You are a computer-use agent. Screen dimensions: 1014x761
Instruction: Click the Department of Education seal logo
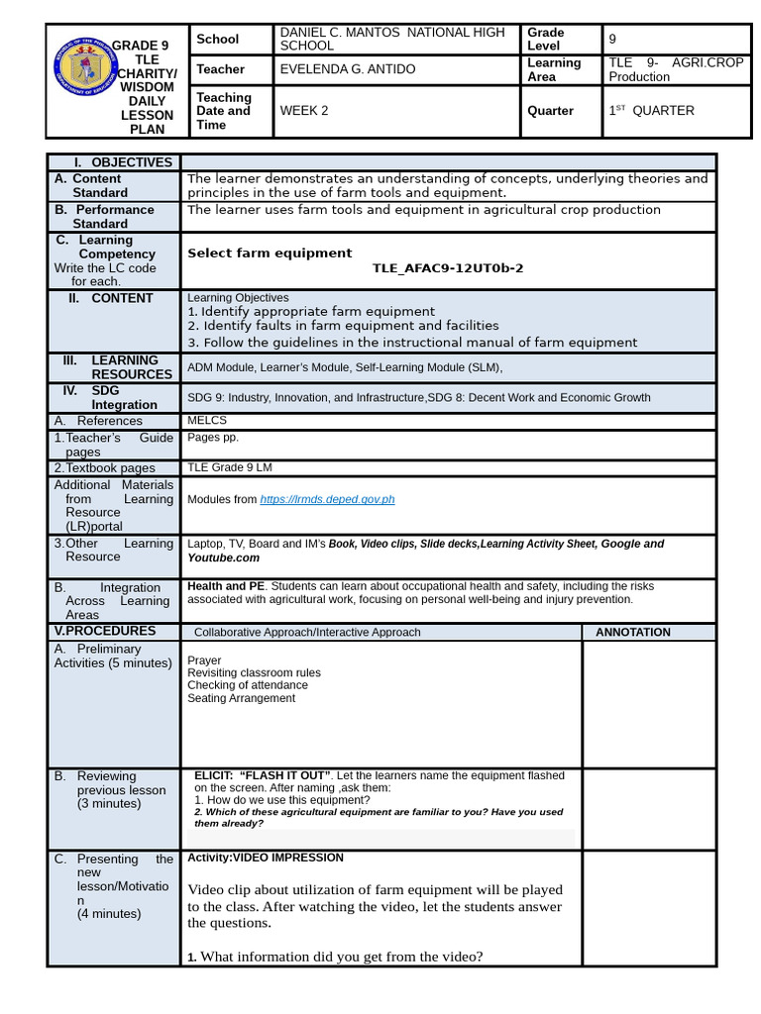(x=82, y=75)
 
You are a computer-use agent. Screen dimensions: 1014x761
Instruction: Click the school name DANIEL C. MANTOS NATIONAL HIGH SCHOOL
(x=392, y=40)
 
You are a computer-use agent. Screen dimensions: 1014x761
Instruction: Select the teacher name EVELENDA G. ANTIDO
(x=348, y=69)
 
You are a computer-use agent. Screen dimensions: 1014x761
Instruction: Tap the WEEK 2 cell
(x=304, y=111)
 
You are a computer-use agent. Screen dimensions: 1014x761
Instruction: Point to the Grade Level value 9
(x=612, y=40)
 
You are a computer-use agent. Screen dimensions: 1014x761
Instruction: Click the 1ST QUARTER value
(x=651, y=111)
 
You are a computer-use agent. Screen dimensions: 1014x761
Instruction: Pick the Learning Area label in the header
(x=554, y=69)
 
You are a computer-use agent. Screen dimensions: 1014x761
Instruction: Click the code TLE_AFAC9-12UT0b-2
(x=448, y=268)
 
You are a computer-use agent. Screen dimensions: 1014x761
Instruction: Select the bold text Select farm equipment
(x=270, y=253)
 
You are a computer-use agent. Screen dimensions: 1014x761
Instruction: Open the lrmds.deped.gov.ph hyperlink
(x=327, y=499)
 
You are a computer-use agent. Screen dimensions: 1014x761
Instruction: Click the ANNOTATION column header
(x=632, y=632)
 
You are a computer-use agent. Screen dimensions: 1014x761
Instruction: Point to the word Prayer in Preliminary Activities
(x=204, y=660)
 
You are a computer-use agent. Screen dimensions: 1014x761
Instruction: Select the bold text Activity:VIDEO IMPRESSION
(x=266, y=858)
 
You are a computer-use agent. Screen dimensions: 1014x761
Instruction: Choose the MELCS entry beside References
(x=206, y=421)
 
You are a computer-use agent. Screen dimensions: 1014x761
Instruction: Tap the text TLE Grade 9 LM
(x=230, y=467)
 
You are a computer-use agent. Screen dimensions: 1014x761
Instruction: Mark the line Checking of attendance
(x=248, y=685)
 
